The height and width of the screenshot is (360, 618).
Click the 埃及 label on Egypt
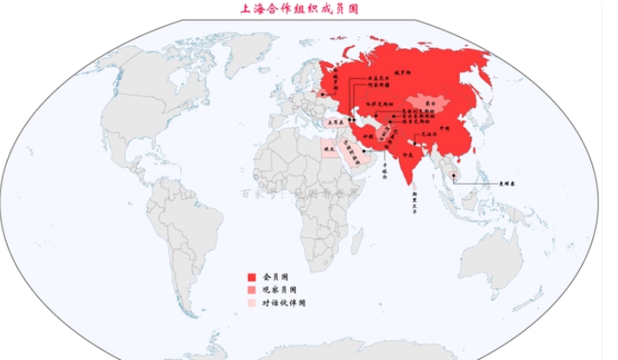tap(328, 148)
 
